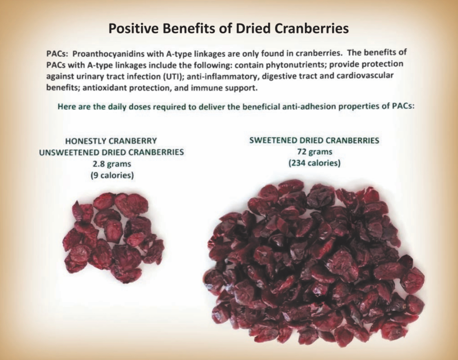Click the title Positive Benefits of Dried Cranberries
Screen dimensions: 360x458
click(x=228, y=29)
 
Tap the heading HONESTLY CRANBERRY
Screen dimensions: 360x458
click(x=111, y=141)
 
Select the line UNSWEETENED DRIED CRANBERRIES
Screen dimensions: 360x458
click(x=111, y=152)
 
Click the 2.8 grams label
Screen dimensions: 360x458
click(x=111, y=164)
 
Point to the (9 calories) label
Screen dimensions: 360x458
click(x=111, y=175)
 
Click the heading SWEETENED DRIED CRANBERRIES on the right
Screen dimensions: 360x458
click(x=314, y=141)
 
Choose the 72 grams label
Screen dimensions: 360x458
click(x=314, y=152)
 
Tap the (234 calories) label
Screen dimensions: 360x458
click(x=314, y=163)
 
